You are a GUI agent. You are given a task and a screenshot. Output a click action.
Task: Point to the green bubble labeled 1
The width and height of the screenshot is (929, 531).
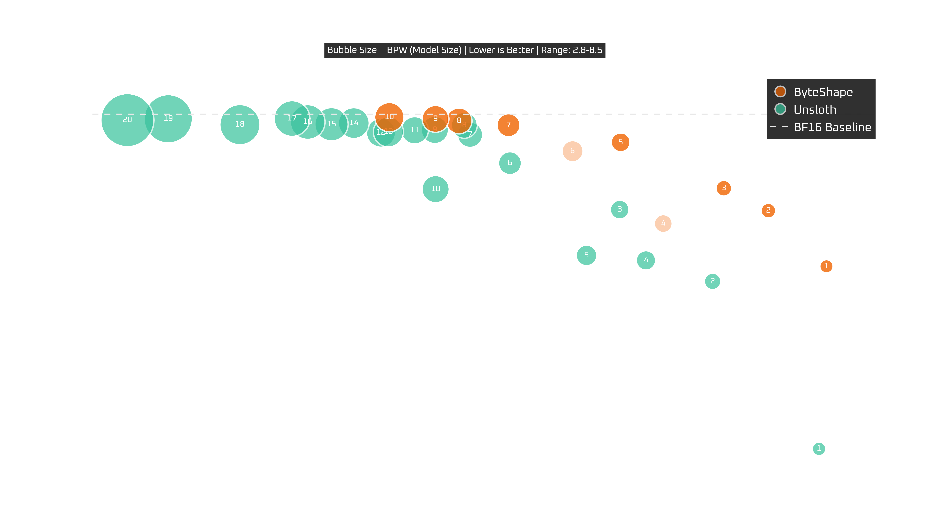pyautogui.click(x=819, y=449)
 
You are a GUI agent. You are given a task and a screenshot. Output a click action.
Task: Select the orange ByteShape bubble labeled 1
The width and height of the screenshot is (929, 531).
pyautogui.click(x=826, y=266)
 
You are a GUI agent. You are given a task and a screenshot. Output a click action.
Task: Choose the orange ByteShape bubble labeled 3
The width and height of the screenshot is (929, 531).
pyautogui.click(x=723, y=188)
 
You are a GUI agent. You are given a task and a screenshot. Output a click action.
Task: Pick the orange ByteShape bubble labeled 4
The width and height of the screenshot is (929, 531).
pyautogui.click(x=663, y=223)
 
